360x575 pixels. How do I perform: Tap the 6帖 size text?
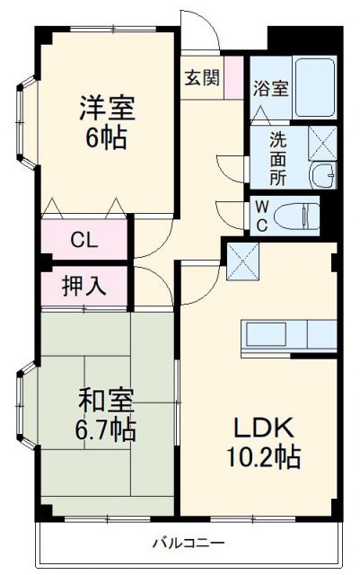pyautogui.click(x=106, y=138)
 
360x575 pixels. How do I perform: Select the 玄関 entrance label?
pyautogui.click(x=202, y=77)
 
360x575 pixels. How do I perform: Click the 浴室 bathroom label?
pyautogui.click(x=270, y=88)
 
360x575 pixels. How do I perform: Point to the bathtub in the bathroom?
pyautogui.click(x=314, y=89)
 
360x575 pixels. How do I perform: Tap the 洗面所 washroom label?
pyautogui.click(x=279, y=158)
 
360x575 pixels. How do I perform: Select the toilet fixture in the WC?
pyautogui.click(x=296, y=215)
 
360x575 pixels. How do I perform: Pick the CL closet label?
pyautogui.click(x=85, y=241)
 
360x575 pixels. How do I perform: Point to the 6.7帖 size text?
pyautogui.click(x=106, y=430)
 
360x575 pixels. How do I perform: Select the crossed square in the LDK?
pyautogui.click(x=243, y=261)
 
